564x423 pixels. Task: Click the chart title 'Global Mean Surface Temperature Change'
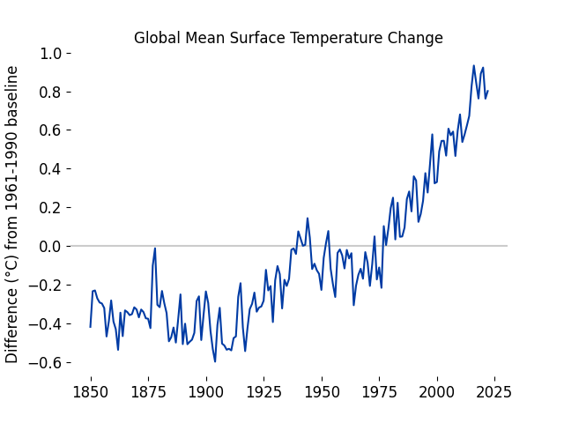tap(288, 38)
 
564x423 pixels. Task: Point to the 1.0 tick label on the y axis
tap(50, 53)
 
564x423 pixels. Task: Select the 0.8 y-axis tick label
tap(50, 92)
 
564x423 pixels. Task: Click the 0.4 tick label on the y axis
tap(50, 168)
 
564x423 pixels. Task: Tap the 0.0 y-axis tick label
tap(50, 246)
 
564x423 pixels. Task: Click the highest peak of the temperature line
tap(474, 65)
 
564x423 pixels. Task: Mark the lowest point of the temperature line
tap(215, 361)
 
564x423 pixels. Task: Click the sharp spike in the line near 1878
tap(155, 249)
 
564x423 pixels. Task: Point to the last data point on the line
tap(487, 91)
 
